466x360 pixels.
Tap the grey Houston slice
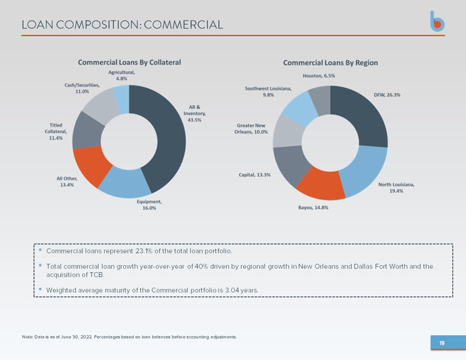click(320, 96)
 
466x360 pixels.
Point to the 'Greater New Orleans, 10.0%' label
click(252, 129)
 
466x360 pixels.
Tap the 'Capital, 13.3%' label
click(255, 175)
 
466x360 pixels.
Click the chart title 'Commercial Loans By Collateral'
click(129, 62)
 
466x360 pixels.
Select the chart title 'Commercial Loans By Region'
click(330, 62)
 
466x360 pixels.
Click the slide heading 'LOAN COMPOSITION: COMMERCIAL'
click(122, 24)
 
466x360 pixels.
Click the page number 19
click(442, 343)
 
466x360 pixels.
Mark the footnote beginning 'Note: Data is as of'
click(129, 337)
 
